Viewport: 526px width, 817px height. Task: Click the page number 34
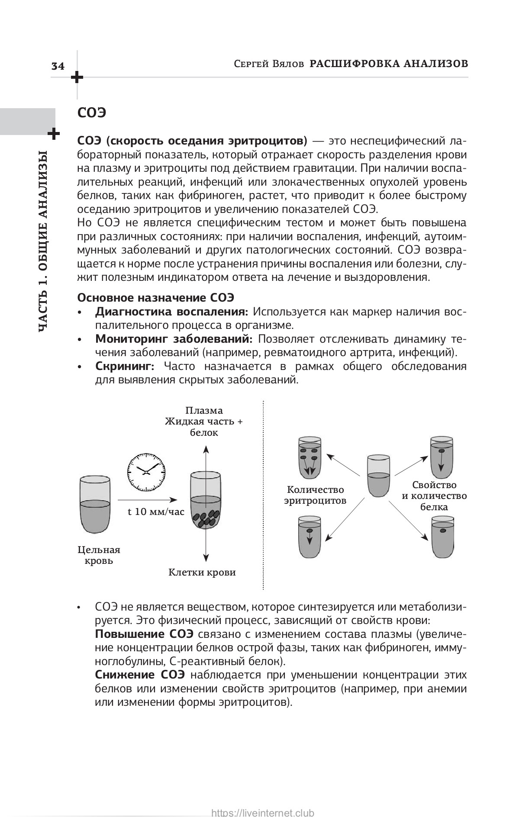click(x=58, y=66)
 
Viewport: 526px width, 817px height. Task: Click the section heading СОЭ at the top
click(x=91, y=113)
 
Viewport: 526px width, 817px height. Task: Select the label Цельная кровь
click(x=99, y=555)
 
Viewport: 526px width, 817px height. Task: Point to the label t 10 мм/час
click(x=156, y=511)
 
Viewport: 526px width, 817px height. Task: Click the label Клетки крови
click(x=202, y=573)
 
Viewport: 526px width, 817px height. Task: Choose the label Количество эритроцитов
click(x=315, y=495)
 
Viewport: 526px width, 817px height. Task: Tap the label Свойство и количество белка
click(x=434, y=496)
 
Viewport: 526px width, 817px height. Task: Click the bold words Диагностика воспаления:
click(x=171, y=312)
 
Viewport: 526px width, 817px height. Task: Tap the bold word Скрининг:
click(x=125, y=366)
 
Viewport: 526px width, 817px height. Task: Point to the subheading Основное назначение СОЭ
click(x=155, y=298)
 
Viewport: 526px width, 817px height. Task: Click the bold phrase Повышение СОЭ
click(x=144, y=634)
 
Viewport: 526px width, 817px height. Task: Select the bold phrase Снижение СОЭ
click(x=140, y=675)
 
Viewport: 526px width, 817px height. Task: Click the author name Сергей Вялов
click(x=268, y=64)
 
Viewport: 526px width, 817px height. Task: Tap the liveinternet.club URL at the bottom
click(x=262, y=813)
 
